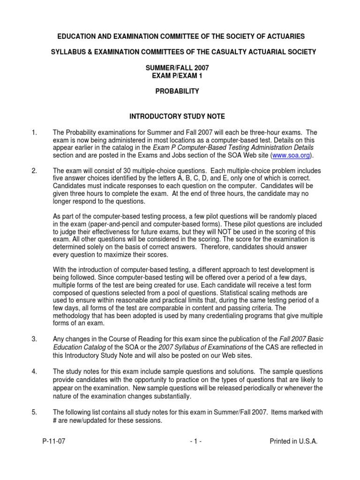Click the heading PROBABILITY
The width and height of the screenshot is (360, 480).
[x=177, y=91]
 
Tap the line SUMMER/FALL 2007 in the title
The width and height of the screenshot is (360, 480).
[x=177, y=68]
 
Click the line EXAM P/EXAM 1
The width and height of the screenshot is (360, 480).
[x=177, y=75]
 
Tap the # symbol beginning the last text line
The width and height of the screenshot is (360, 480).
[x=55, y=420]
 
